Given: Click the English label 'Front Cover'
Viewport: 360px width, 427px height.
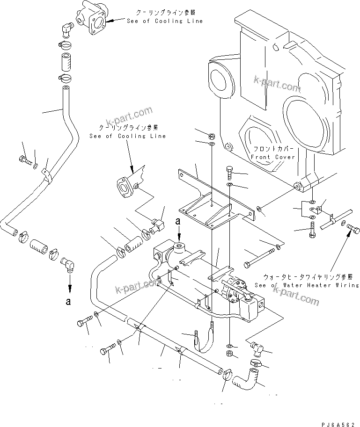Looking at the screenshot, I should (273, 157).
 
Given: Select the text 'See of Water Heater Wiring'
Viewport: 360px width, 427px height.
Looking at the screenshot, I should (307, 285).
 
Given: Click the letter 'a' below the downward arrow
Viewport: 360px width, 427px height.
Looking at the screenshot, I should (68, 302).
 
